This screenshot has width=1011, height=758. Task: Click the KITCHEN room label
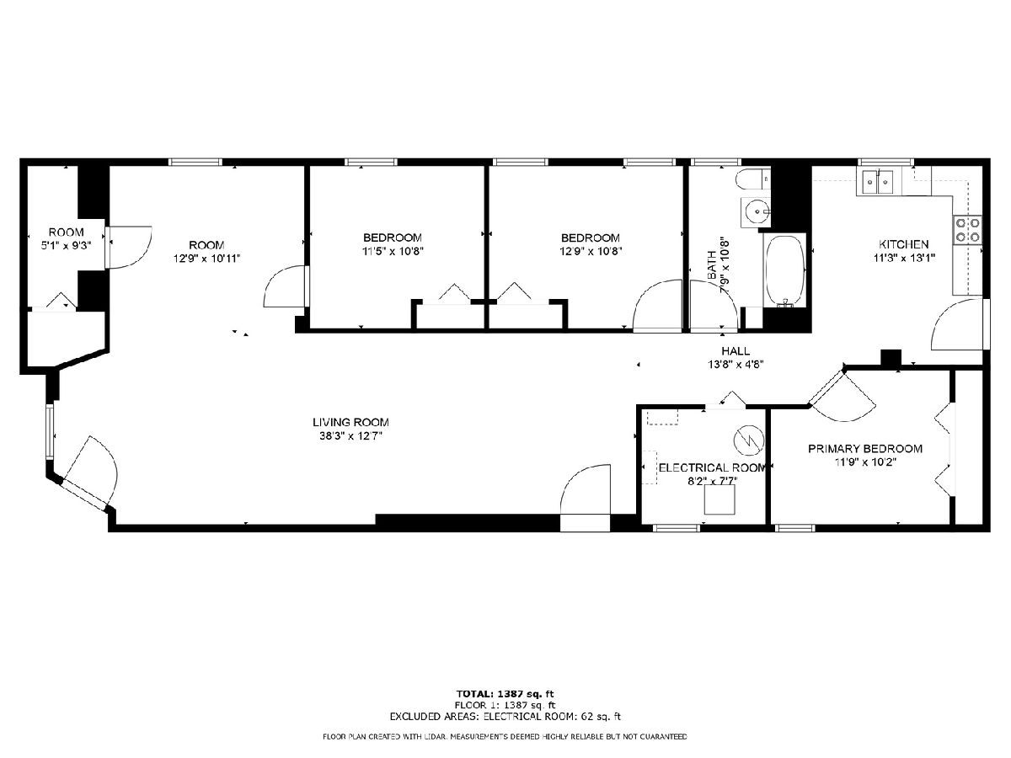tap(903, 244)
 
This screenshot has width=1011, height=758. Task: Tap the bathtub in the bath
tap(785, 270)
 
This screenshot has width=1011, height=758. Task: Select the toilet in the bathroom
tap(753, 180)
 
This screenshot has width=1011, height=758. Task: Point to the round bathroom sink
tap(756, 212)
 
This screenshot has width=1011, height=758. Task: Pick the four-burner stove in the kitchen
tap(967, 230)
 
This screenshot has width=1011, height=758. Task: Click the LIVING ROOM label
tap(350, 422)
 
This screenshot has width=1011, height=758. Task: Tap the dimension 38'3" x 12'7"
tap(351, 435)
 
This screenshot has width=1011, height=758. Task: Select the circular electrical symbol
tap(749, 440)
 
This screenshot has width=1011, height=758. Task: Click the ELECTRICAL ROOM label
tap(712, 468)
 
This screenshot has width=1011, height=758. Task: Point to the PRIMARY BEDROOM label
tap(865, 449)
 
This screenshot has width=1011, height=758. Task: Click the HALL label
tap(736, 351)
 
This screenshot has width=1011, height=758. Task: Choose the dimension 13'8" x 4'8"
tap(736, 365)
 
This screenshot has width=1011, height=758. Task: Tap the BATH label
tap(712, 265)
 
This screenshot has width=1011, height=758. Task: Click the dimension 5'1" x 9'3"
tap(66, 246)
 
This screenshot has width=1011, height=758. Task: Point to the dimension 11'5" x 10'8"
tap(392, 251)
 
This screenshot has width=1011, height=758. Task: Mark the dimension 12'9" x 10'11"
tap(206, 259)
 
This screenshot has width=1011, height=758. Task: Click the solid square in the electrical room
tap(719, 499)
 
